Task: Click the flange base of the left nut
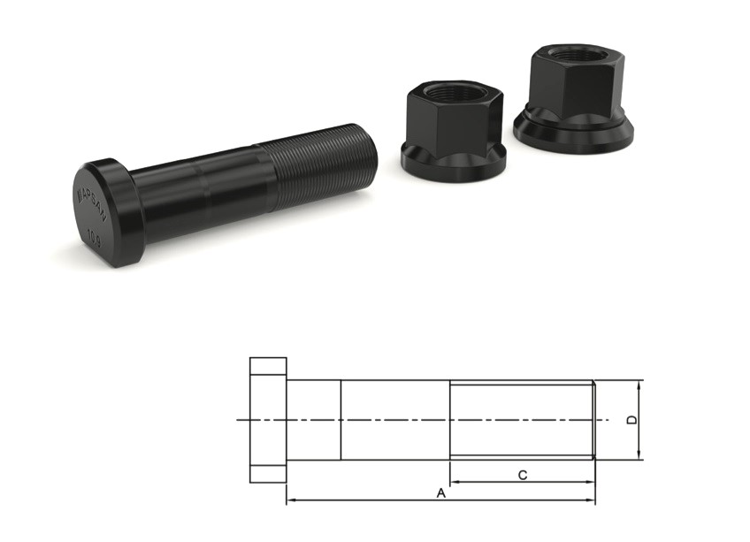pos(453,158)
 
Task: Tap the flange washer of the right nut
pos(574,133)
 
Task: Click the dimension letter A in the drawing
pos(440,493)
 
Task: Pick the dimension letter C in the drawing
pos(523,476)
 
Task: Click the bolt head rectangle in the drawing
pos(268,420)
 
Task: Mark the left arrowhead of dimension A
pos(291,501)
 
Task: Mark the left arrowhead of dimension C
pos(455,484)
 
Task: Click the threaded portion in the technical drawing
pos(522,419)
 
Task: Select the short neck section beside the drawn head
pos(314,419)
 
